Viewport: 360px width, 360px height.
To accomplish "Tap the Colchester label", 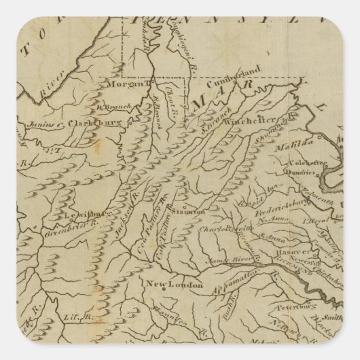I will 301,160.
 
